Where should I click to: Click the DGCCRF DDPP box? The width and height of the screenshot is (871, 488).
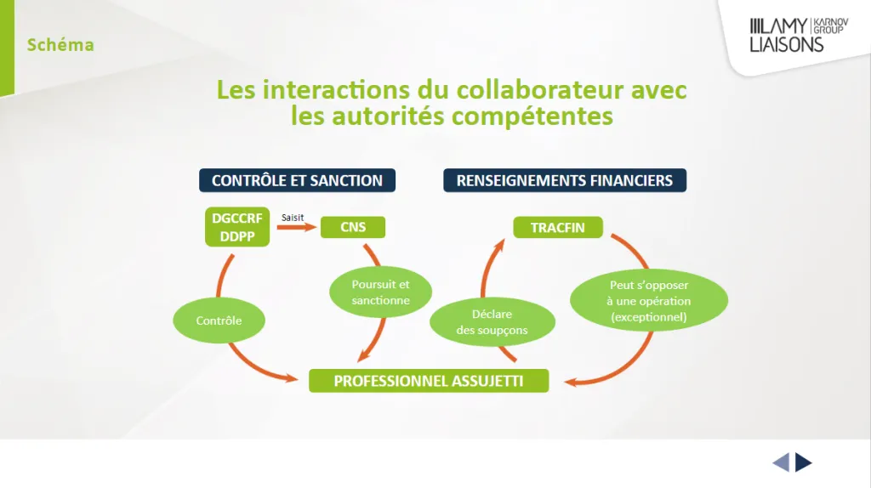point(237,227)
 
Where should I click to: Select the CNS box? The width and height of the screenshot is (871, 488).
point(353,227)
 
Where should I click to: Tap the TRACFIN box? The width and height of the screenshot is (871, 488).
point(558,227)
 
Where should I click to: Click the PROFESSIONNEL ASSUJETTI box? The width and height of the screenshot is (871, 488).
point(429,381)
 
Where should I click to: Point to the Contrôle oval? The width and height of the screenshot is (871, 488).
point(219,321)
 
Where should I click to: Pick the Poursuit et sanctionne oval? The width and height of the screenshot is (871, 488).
point(380,292)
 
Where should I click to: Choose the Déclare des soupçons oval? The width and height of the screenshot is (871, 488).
point(492,322)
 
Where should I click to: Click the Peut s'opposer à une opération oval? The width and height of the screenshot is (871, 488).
point(649,300)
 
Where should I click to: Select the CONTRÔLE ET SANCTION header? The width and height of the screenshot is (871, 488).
point(297,180)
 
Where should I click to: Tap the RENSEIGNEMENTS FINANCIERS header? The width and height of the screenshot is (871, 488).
point(565,180)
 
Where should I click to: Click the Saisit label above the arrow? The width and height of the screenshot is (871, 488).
point(293,218)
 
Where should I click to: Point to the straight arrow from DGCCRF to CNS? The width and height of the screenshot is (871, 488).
point(297,227)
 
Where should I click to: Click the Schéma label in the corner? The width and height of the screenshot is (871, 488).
point(60,45)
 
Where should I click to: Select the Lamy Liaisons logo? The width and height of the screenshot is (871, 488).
point(799,35)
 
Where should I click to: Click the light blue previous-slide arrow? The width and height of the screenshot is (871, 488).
point(781,462)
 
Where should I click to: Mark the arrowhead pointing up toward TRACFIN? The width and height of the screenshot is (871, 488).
point(500,244)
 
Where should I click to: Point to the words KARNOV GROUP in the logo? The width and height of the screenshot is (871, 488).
point(831,26)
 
